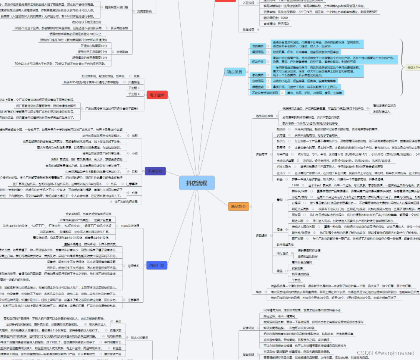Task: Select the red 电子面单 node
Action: [x=157, y=95]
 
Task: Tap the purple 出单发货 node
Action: [x=155, y=171]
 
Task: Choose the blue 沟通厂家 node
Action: [x=157, y=265]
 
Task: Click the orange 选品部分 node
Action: [x=239, y=206]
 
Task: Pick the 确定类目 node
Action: [x=235, y=72]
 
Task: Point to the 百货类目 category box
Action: [x=257, y=45]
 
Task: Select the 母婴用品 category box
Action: [x=257, y=52]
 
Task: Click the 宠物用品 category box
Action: [x=257, y=81]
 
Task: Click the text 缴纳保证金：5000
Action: [x=276, y=18]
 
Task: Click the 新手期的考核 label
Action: [x=119, y=28]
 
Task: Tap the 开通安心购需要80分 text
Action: [x=94, y=45]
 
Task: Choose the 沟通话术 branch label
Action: [x=133, y=265]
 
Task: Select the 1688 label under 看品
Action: [x=295, y=185]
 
